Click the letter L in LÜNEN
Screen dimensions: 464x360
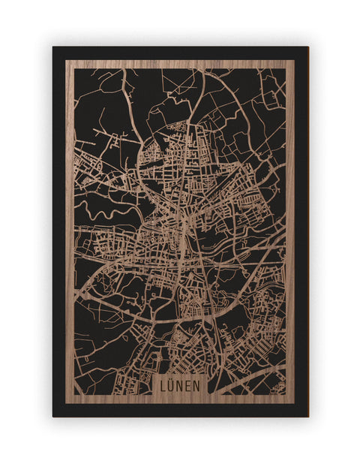tap(163, 385)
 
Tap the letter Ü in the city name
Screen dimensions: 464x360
tap(172, 385)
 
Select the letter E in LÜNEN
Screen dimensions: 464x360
tap(188, 385)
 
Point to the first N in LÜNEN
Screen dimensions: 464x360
tap(180, 385)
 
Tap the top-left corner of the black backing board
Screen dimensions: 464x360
tap(53, 47)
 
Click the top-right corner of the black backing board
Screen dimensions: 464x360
tap(308, 47)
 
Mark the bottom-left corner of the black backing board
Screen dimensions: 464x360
tap(53, 416)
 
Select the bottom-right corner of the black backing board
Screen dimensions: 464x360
tap(308, 416)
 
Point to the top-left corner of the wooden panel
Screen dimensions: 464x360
tap(66, 61)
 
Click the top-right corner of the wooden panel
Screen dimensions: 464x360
tap(295, 61)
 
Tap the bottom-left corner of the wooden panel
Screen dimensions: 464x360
tap(66, 403)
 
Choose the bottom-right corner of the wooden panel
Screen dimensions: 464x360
tap(295, 403)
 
